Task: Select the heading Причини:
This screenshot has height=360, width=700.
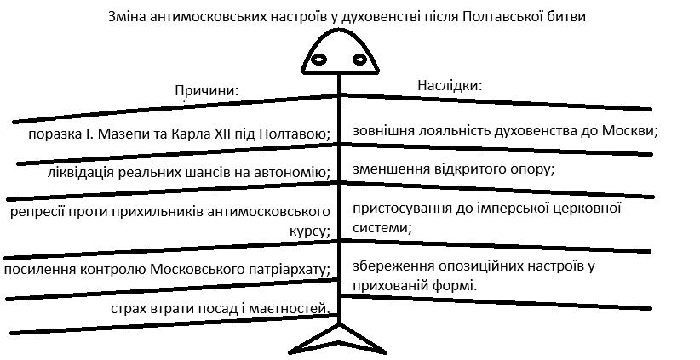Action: coord(206,90)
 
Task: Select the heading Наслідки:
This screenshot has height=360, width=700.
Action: coord(450,85)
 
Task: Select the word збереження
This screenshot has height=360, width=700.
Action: coord(394,266)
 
